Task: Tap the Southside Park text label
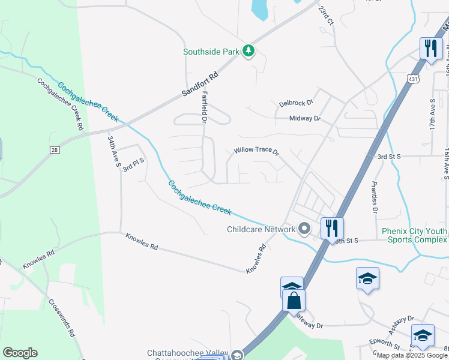[212, 52]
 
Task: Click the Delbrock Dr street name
[296, 103]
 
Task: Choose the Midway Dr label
[305, 119]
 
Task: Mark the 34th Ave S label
[114, 151]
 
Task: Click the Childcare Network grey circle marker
[304, 229]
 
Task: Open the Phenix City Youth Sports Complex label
[414, 235]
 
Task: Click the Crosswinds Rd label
[61, 317]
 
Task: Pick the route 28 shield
[53, 149]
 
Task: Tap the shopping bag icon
[294, 300]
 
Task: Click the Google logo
[20, 353]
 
